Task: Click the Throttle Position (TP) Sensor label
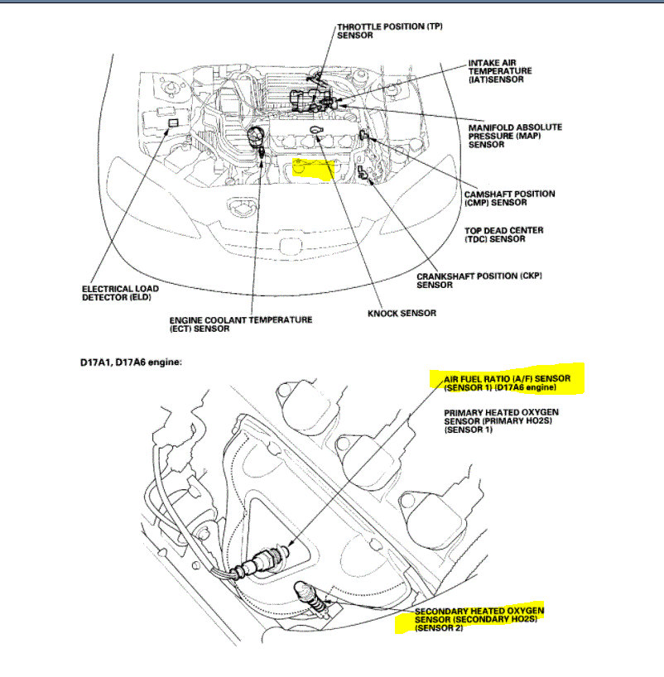(389, 31)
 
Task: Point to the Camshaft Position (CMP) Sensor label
(508, 199)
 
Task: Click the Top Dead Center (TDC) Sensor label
(503, 234)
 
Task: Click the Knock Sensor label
(401, 314)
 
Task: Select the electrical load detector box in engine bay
(172, 122)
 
